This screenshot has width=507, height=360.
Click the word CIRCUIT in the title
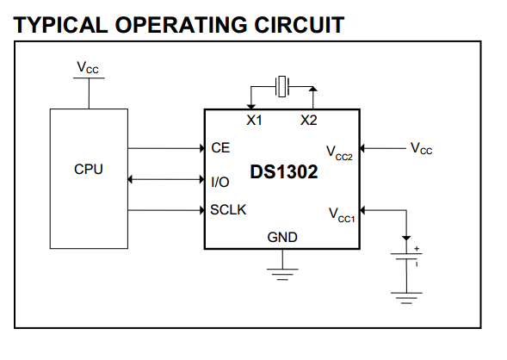299,25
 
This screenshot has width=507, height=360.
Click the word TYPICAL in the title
60,25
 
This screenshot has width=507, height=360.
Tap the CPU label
89,169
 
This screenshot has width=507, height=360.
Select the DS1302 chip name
284,171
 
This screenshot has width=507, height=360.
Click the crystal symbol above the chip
282,86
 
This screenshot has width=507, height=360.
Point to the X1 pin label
254,121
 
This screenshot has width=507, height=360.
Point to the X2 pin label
309,121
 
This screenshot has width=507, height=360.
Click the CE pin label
220,148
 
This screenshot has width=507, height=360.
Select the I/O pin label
220,182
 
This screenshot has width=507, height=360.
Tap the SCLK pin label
228,210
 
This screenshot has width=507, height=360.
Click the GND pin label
282,238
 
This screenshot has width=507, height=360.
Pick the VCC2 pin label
339,152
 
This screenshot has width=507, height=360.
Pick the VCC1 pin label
342,215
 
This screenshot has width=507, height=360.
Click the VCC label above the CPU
88,67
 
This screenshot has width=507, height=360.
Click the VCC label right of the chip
421,148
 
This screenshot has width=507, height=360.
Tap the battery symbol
406,256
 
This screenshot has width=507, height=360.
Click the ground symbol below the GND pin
282,274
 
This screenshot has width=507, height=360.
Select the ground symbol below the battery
406,298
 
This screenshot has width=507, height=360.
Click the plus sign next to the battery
417,249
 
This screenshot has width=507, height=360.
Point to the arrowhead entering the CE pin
202,148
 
